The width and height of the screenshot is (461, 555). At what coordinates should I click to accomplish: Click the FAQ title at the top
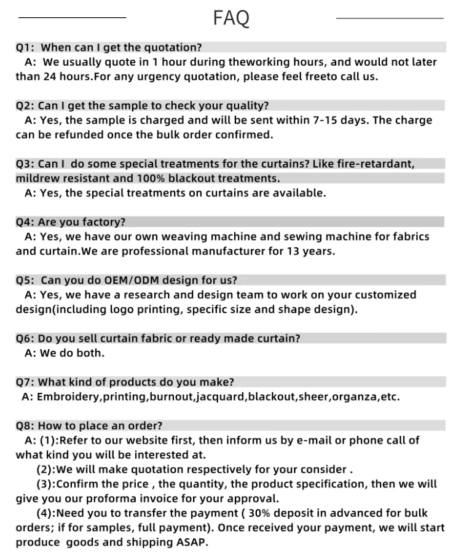[231, 18]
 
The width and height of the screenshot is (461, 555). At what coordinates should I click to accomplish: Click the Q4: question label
[25, 222]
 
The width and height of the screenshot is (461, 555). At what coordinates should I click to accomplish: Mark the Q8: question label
[25, 425]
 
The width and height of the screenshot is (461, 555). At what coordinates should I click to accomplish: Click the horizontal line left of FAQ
[73, 18]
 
